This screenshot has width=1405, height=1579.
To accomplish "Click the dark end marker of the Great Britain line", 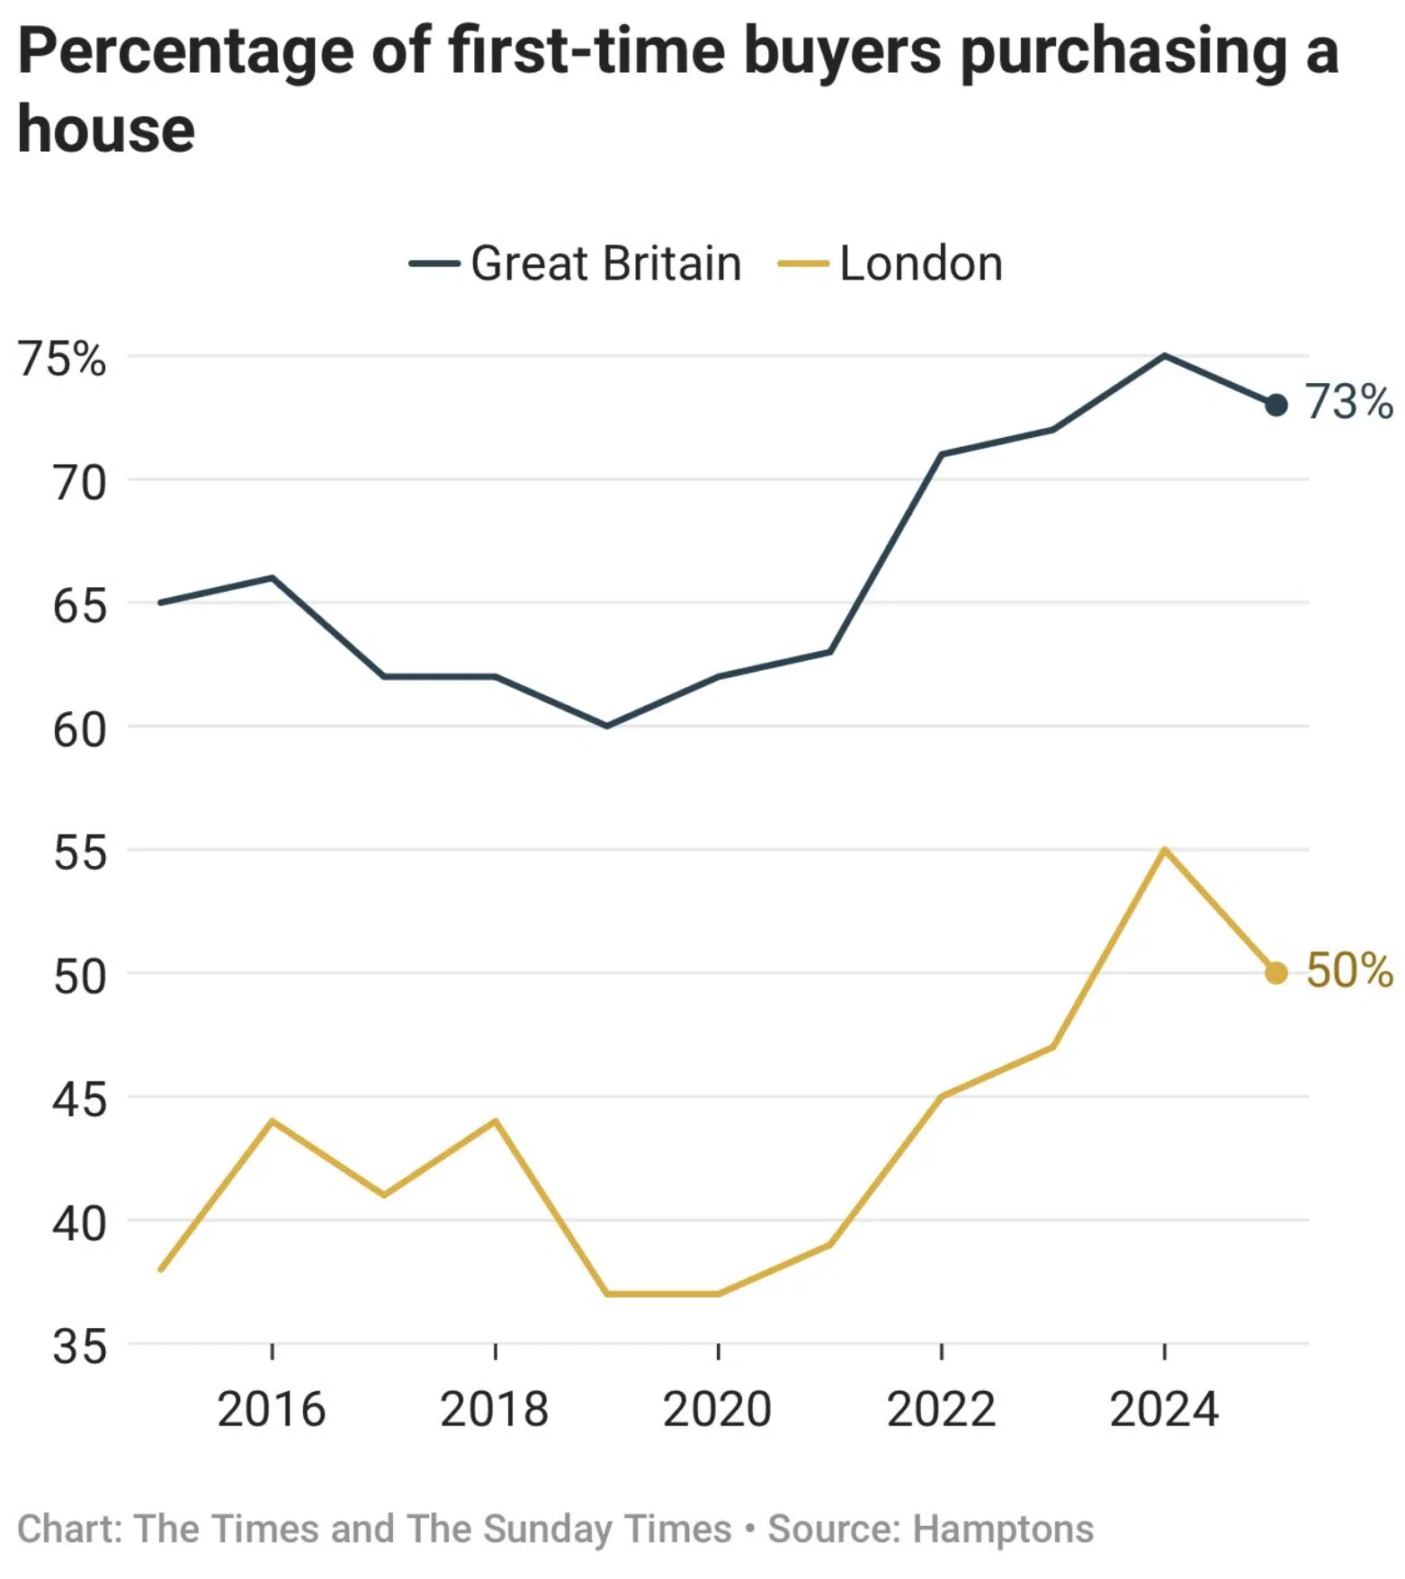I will click(1275, 406).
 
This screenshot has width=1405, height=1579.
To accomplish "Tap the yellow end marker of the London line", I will click(1275, 973).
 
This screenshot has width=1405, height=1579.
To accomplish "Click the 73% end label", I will click(1348, 401).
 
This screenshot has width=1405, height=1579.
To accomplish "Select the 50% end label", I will click(1348, 970).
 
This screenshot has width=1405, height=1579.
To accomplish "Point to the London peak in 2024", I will click(1164, 850).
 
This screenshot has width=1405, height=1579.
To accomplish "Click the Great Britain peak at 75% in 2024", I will click(1164, 356).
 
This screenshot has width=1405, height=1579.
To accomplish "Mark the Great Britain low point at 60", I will click(607, 726).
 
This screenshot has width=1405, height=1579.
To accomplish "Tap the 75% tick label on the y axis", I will click(61, 359).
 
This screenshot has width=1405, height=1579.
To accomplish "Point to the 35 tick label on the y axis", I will click(79, 1347).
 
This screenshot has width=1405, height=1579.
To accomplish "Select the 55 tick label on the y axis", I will click(79, 852).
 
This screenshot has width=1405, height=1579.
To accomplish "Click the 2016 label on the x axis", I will click(271, 1409).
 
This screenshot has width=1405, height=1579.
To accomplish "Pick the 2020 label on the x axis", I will click(717, 1409).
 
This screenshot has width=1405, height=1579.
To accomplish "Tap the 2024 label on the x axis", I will click(1164, 1409).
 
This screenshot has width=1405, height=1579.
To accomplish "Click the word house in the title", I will click(106, 129).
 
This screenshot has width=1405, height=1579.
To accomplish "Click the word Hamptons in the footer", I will click(1003, 1529).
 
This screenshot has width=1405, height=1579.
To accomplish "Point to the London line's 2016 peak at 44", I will click(272, 1121).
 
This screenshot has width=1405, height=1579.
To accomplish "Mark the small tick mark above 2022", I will click(941, 1352).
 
